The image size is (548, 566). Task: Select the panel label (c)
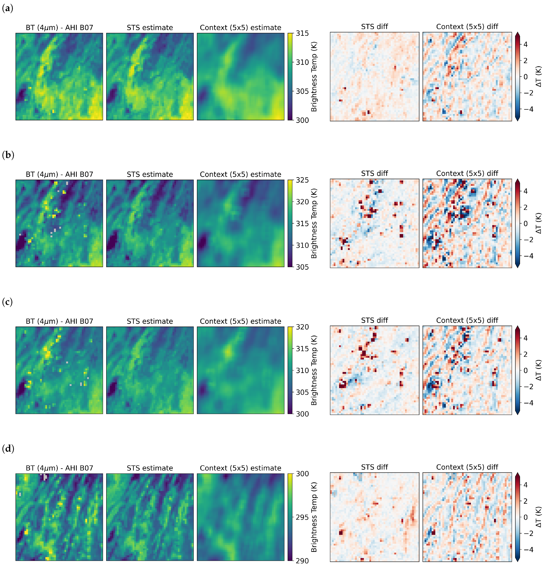click(8, 302)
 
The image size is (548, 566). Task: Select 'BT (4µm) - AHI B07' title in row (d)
click(59, 468)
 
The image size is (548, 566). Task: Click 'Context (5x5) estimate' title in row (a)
click(240, 28)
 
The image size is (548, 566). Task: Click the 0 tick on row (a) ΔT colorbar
click(525, 77)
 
